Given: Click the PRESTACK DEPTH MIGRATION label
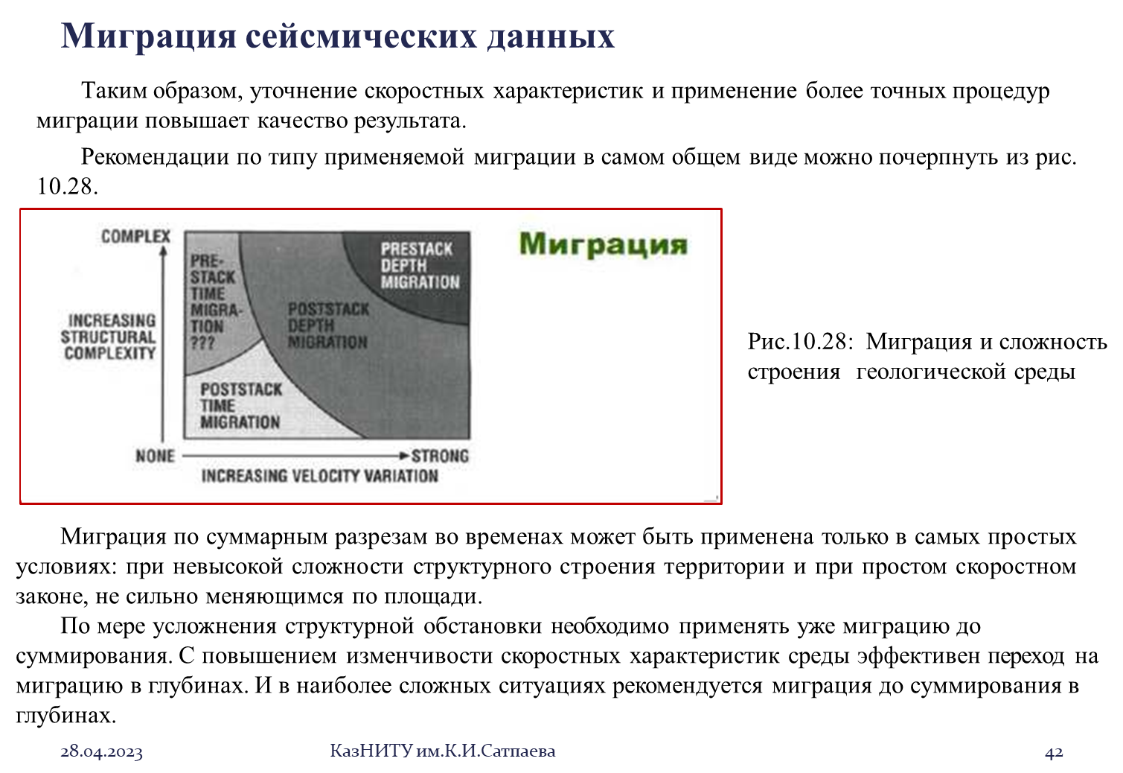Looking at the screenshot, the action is pyautogui.click(x=420, y=265).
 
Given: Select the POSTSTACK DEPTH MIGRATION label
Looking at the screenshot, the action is pyautogui.click(x=328, y=325).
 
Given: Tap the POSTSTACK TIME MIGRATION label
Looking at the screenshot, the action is pyautogui.click(x=241, y=405).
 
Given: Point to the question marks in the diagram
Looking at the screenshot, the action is pyautogui.click(x=202, y=343).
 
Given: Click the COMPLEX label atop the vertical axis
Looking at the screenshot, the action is pyautogui.click(x=136, y=236).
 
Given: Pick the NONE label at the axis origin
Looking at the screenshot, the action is pyautogui.click(x=156, y=456).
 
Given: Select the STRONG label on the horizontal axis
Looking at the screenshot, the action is pyautogui.click(x=440, y=456).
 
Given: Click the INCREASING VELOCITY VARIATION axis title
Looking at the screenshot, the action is pyautogui.click(x=320, y=476).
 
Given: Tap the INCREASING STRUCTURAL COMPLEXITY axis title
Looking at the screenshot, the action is pyautogui.click(x=109, y=337).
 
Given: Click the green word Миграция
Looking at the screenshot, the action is pyautogui.click(x=604, y=245).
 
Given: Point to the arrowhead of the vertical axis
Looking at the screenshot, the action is pyautogui.click(x=163, y=249).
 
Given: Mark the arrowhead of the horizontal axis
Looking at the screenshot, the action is pyautogui.click(x=405, y=456).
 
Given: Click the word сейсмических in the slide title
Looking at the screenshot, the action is pyautogui.click(x=361, y=36).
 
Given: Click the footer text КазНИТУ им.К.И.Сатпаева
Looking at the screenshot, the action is pyautogui.click(x=443, y=751).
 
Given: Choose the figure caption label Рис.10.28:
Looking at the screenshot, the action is pyautogui.click(x=800, y=342).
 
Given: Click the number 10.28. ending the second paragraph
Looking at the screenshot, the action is pyautogui.click(x=67, y=187).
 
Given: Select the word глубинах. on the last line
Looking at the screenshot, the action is pyautogui.click(x=65, y=716).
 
